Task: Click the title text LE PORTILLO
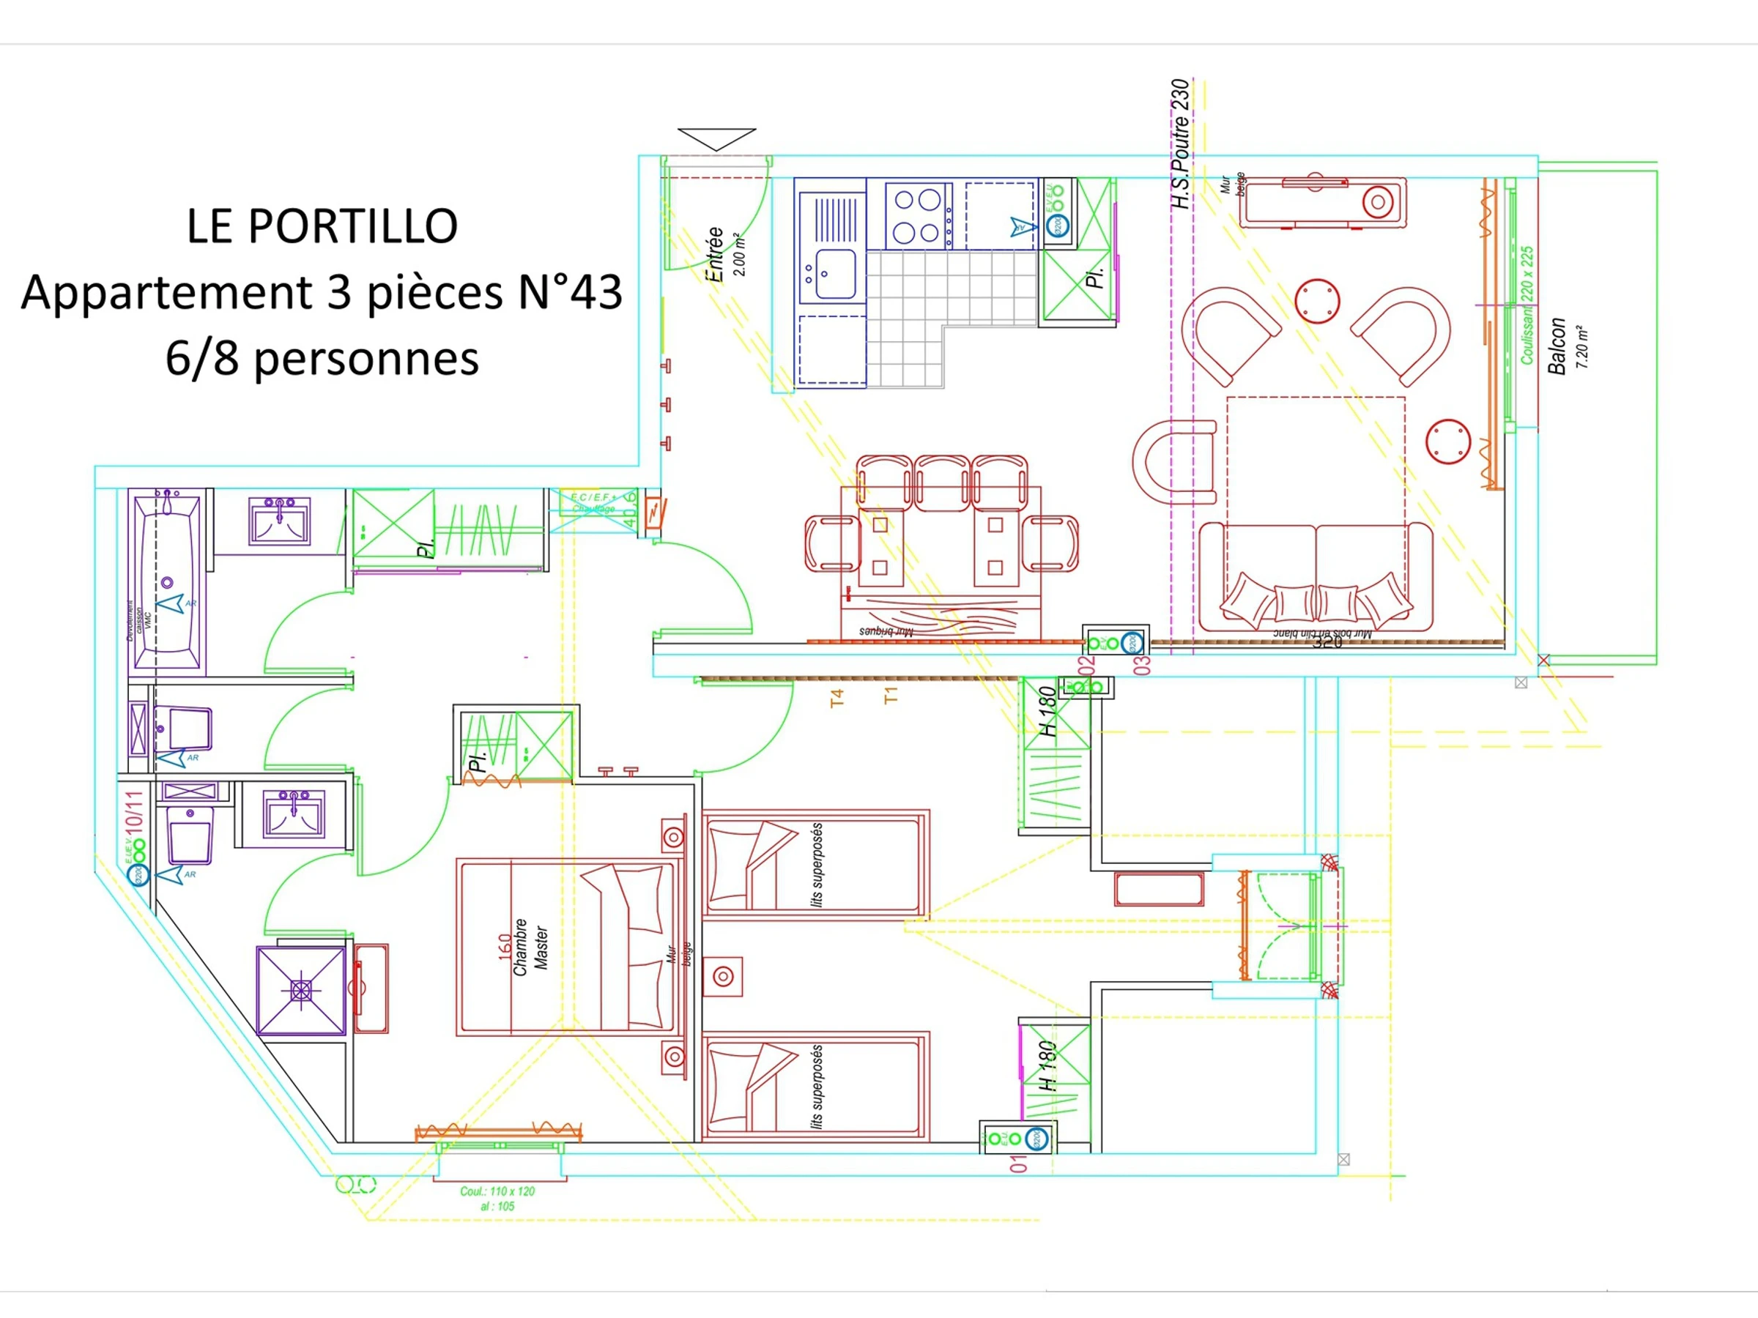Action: click(322, 226)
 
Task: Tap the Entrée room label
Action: click(715, 254)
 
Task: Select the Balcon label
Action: click(1557, 346)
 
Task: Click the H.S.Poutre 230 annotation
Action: click(1181, 144)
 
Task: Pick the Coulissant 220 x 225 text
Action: click(1527, 306)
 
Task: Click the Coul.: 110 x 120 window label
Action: click(497, 1191)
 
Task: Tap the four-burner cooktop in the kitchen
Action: click(918, 215)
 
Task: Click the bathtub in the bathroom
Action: click(167, 584)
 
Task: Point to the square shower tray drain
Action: click(301, 991)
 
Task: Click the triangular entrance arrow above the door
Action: click(716, 138)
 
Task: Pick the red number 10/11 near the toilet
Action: click(134, 811)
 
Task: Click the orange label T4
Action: click(836, 699)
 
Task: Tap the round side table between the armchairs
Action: click(1317, 302)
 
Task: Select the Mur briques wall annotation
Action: click(886, 632)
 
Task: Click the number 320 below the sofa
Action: click(1327, 642)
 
